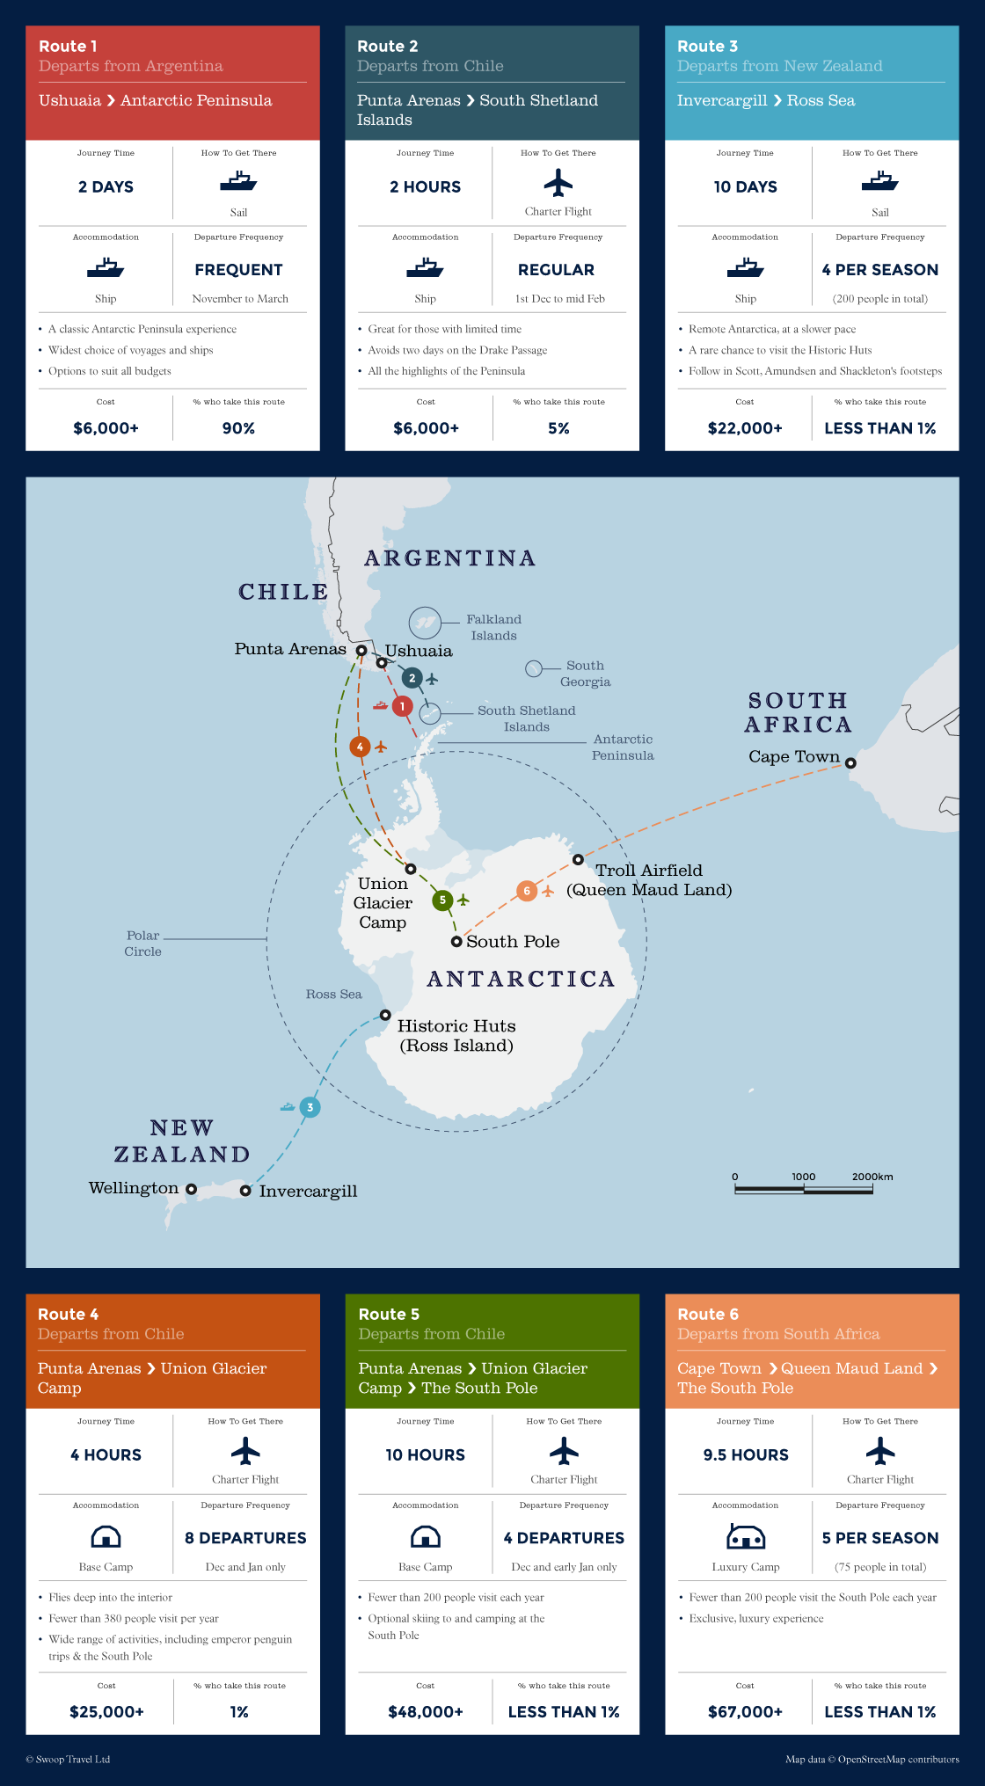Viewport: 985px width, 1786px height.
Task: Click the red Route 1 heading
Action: click(68, 47)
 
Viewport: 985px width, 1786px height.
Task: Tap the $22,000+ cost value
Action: click(745, 428)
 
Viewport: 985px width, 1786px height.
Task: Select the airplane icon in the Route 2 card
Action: click(558, 184)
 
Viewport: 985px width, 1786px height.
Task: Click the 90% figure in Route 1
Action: click(238, 428)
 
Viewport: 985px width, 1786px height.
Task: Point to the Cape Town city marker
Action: click(850, 762)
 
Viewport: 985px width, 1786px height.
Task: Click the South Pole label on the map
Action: click(513, 942)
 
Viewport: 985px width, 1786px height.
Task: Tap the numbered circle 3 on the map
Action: click(310, 1107)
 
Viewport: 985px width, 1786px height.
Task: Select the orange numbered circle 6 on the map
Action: click(527, 891)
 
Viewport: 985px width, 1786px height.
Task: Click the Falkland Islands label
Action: click(493, 627)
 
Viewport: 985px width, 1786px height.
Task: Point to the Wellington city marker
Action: click(191, 1190)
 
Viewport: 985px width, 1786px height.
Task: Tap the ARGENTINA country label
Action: click(450, 558)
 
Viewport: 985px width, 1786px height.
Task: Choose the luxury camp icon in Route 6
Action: click(746, 1537)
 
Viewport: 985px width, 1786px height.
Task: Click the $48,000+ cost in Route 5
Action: click(426, 1712)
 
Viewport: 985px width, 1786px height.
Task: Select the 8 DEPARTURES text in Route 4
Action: click(245, 1538)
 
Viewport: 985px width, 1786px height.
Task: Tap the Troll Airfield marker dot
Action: click(578, 859)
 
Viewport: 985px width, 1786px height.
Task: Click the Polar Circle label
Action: click(142, 944)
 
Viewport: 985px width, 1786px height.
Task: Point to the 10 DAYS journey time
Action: click(745, 187)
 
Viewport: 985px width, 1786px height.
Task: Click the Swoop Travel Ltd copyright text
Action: click(68, 1760)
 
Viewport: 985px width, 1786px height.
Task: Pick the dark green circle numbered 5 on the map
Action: click(442, 900)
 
